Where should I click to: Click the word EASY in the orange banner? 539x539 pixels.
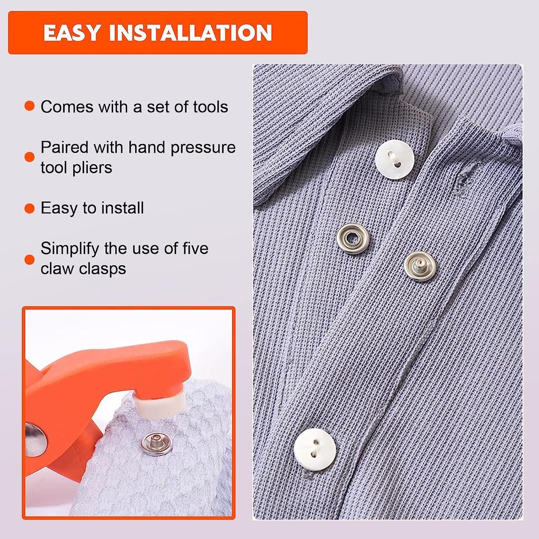(x=72, y=33)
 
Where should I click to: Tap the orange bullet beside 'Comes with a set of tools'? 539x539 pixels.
(x=29, y=107)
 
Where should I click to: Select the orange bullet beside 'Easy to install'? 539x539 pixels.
(x=29, y=208)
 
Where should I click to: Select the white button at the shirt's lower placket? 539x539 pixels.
(x=315, y=448)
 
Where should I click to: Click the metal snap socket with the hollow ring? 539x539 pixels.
(x=352, y=238)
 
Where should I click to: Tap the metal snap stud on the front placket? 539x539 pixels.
(x=421, y=266)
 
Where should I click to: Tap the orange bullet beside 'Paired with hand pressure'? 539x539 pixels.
(x=29, y=157)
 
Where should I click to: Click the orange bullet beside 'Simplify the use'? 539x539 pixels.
(x=29, y=258)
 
